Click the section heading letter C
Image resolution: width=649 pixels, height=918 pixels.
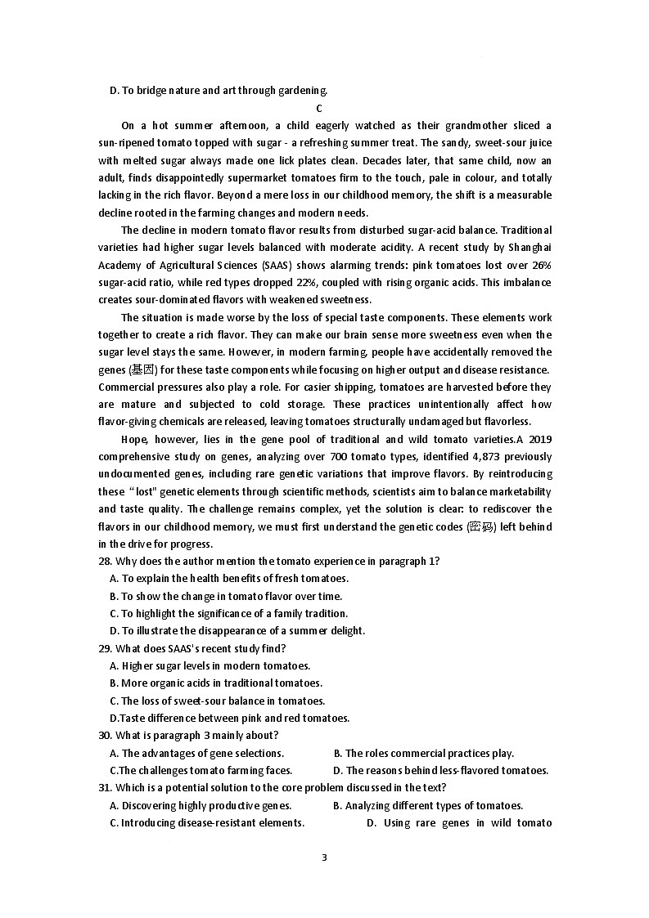click(319, 108)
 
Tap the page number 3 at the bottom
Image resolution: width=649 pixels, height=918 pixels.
click(324, 858)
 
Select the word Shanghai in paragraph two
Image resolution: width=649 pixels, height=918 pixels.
click(531, 247)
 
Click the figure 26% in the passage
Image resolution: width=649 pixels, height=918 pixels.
click(540, 265)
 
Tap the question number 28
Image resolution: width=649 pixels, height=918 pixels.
click(104, 561)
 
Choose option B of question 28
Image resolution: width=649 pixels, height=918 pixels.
click(226, 596)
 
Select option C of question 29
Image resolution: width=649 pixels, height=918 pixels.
click(217, 701)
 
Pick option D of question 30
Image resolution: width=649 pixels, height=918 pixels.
click(440, 770)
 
